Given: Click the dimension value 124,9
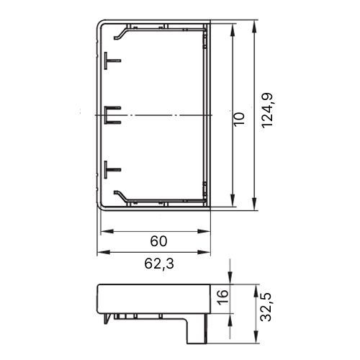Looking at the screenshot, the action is [x=267, y=110].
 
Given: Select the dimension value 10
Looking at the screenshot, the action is [x=239, y=119].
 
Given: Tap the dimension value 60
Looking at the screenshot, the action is [x=158, y=241].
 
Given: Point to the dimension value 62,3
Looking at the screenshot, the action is [x=159, y=264].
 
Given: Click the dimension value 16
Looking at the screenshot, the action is [x=222, y=297].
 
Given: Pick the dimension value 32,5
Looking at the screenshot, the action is [x=266, y=307].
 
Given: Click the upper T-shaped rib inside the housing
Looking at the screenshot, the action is [x=112, y=60].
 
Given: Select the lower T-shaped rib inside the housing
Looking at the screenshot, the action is [x=112, y=170].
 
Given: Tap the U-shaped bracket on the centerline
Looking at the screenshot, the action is [x=112, y=115].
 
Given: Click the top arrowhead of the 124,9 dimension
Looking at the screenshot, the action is [x=254, y=26].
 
